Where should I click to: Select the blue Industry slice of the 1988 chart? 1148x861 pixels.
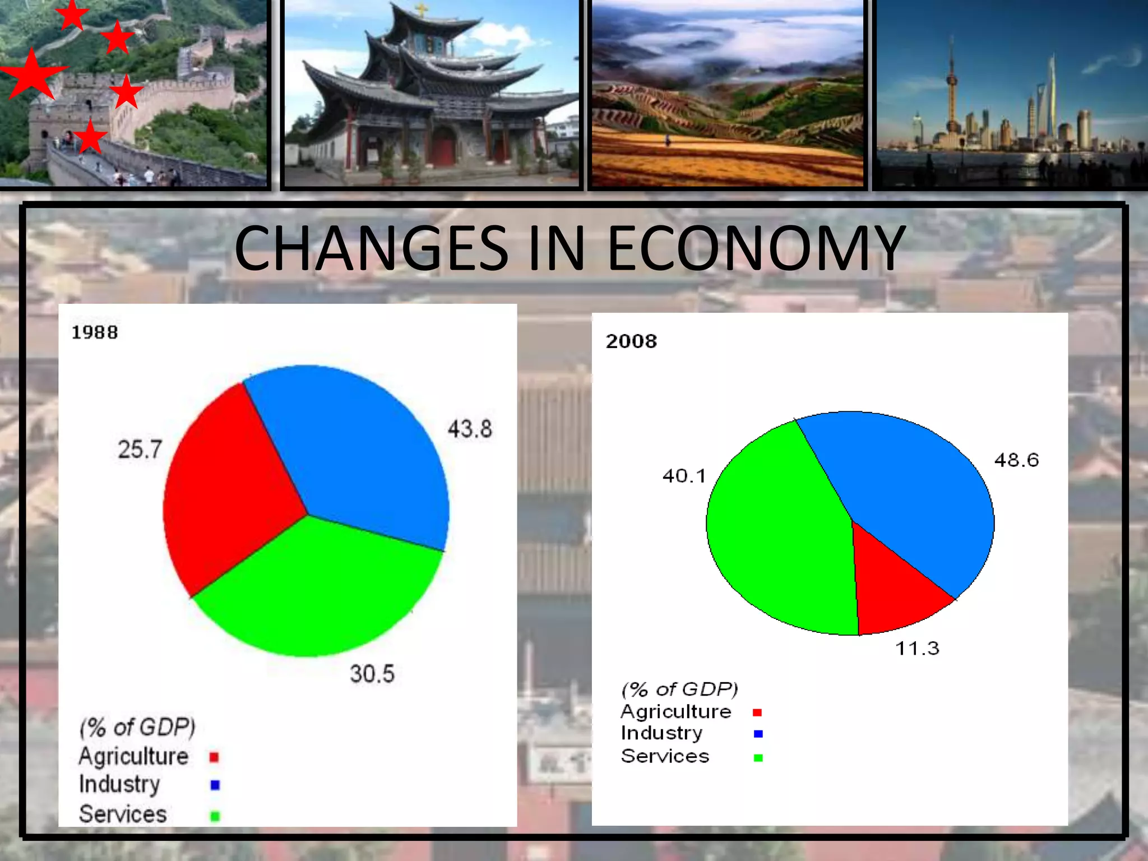click(x=359, y=448)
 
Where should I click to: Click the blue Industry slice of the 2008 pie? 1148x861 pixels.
click(x=908, y=493)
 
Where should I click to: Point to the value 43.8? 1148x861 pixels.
click(x=470, y=429)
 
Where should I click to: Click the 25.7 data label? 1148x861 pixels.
click(x=140, y=450)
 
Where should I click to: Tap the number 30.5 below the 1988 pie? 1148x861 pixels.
click(x=372, y=674)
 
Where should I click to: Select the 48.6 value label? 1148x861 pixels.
click(x=1016, y=460)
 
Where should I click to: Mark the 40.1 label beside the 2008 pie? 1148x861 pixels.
click(x=684, y=476)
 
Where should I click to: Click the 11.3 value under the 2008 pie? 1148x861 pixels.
click(x=917, y=649)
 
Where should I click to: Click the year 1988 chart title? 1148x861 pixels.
click(x=95, y=332)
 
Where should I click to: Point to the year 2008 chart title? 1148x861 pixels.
click(x=631, y=341)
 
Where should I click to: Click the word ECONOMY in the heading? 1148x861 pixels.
click(x=756, y=248)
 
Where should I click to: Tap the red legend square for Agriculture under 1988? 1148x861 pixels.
click(x=214, y=757)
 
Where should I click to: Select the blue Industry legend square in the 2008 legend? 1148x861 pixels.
click(x=758, y=734)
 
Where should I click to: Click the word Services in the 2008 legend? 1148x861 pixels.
click(x=665, y=756)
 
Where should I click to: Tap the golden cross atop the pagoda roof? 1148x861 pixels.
click(x=420, y=10)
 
